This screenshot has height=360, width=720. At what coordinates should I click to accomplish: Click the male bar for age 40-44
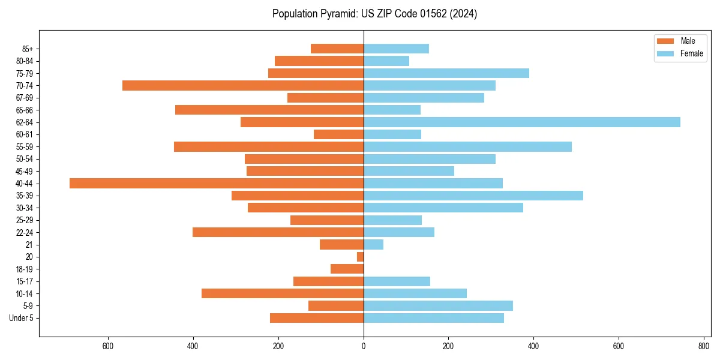coord(217,183)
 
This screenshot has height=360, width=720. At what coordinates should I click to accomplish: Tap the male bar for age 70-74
coord(243,85)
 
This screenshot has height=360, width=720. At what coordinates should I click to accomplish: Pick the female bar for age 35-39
coord(473,196)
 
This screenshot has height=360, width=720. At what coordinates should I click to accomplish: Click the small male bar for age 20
coord(361,257)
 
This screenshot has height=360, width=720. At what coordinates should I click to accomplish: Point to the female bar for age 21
coord(373,244)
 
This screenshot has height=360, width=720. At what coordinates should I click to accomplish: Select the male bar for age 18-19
coord(347,269)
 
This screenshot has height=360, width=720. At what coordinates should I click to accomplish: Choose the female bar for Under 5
coord(434,318)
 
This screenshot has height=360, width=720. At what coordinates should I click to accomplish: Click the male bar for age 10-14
coord(283,293)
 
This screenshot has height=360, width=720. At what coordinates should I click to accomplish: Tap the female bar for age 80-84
coord(386,61)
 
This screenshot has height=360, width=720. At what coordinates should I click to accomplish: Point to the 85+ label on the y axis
coord(28,49)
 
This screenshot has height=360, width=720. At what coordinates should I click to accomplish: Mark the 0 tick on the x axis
coord(364,346)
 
